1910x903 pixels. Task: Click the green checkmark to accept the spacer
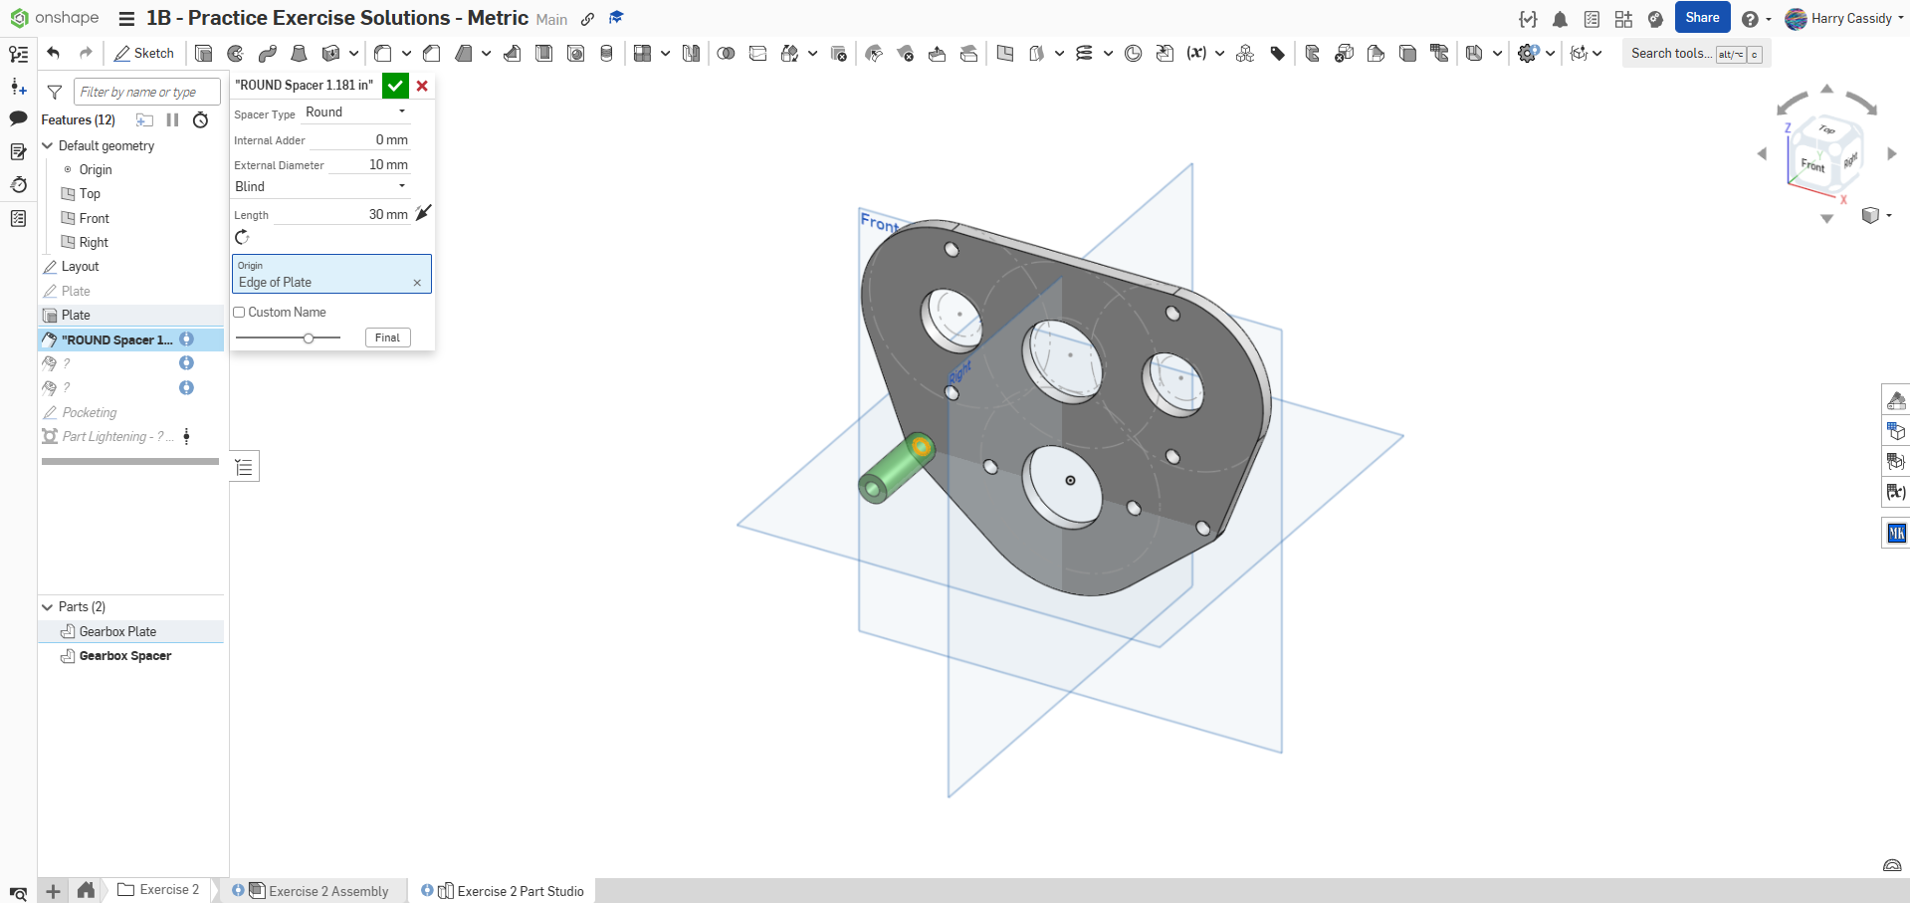tap(395, 86)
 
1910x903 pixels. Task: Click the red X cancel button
tap(422, 86)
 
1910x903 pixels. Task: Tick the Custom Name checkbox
tap(239, 313)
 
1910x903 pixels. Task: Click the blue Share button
tap(1702, 18)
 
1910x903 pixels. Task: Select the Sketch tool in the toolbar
tap(144, 54)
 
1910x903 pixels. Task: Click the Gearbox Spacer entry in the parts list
tap(125, 656)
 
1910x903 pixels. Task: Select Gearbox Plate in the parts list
tap(117, 631)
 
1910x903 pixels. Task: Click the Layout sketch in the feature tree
tap(80, 267)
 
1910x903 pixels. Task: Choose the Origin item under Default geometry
tap(96, 170)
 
